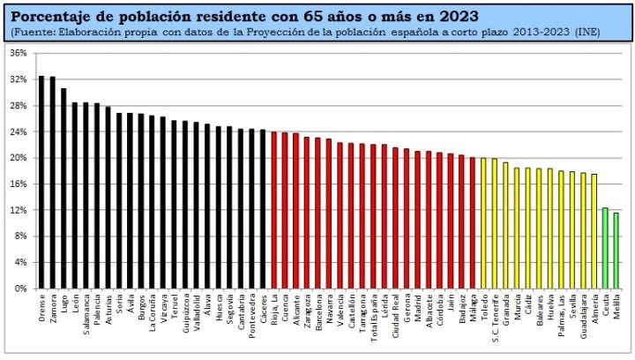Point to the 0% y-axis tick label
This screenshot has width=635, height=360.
(x=20, y=289)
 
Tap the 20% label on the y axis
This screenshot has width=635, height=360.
(x=18, y=158)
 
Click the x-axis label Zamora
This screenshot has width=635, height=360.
(x=53, y=308)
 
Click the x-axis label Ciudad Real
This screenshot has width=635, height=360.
(x=395, y=315)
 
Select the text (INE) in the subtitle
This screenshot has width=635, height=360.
(x=586, y=32)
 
